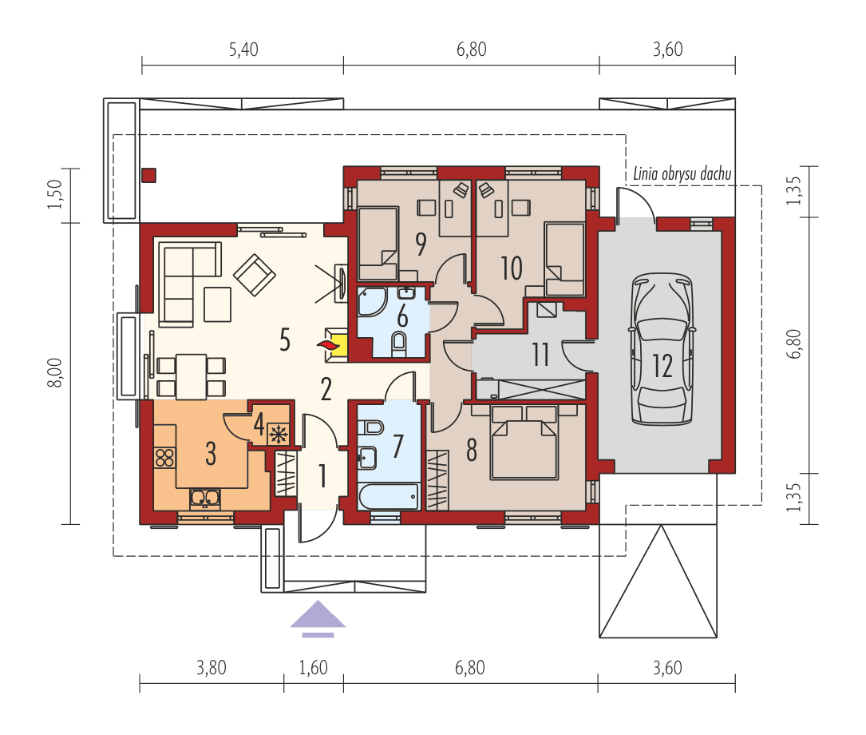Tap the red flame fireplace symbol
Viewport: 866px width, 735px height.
pyautogui.click(x=326, y=344)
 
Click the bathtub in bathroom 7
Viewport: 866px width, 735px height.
pyautogui.click(x=388, y=497)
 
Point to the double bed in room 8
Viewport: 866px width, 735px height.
pyautogui.click(x=524, y=443)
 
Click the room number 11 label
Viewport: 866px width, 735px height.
pyautogui.click(x=541, y=354)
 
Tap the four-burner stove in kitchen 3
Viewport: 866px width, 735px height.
pyautogui.click(x=165, y=457)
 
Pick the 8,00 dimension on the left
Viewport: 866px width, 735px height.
pyautogui.click(x=53, y=371)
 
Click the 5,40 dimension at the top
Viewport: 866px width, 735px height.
pyautogui.click(x=243, y=50)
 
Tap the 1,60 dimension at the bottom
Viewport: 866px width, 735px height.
pyautogui.click(x=313, y=668)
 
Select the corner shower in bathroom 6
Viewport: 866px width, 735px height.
pyautogui.click(x=371, y=301)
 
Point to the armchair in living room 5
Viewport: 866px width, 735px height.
pyautogui.click(x=254, y=274)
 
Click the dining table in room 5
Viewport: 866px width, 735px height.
pyautogui.click(x=191, y=375)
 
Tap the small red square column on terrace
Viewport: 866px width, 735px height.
pyautogui.click(x=149, y=176)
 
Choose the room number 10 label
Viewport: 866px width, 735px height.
pyautogui.click(x=511, y=268)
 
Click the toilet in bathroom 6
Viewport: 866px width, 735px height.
pyautogui.click(x=400, y=344)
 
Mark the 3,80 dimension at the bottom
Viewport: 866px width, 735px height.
pyautogui.click(x=211, y=668)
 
